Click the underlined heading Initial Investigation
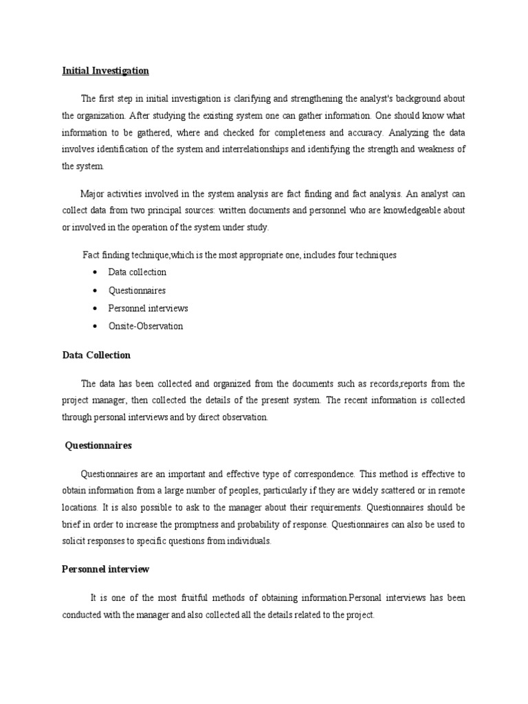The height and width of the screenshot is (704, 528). click(x=105, y=71)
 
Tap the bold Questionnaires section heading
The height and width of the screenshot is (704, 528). click(x=98, y=445)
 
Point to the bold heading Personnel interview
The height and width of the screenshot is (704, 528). click(x=105, y=570)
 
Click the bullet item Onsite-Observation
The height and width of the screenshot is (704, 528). click(x=146, y=327)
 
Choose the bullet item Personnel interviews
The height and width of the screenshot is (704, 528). click(x=148, y=309)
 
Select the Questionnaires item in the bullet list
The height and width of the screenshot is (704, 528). click(x=137, y=291)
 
